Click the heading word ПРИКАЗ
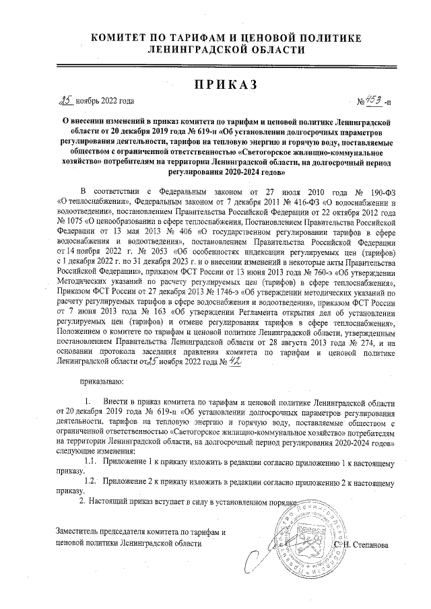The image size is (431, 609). point(215,85)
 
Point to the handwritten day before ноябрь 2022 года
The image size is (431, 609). point(66,101)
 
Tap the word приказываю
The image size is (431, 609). point(105,382)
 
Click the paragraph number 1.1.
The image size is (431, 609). point(94,461)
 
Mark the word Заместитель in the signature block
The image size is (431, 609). point(82,532)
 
